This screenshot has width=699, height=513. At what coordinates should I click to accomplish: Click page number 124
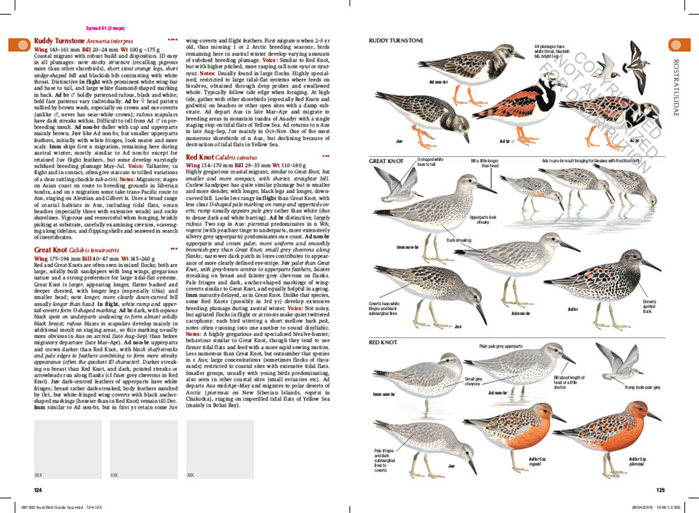click(x=29, y=489)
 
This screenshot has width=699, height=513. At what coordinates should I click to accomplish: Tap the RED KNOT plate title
click(x=382, y=343)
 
